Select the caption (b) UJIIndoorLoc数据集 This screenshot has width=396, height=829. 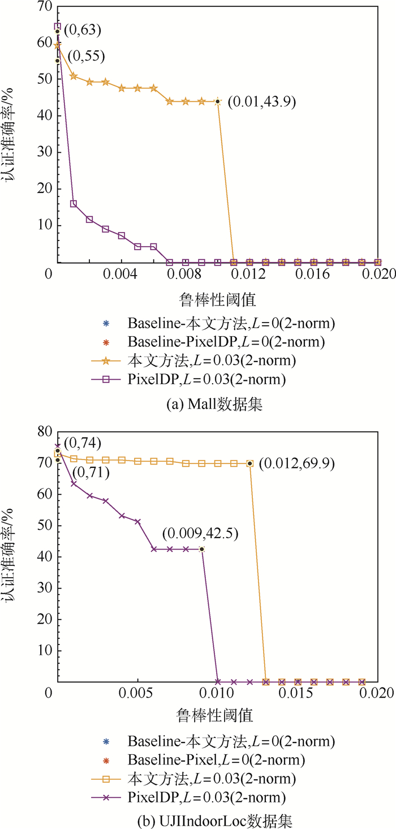click(x=197, y=817)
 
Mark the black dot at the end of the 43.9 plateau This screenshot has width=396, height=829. click(x=218, y=101)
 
